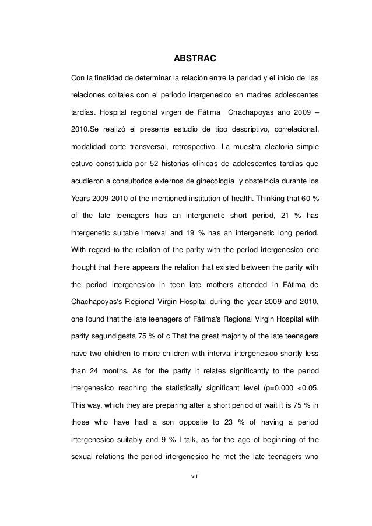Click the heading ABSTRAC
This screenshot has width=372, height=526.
coord(195,59)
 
